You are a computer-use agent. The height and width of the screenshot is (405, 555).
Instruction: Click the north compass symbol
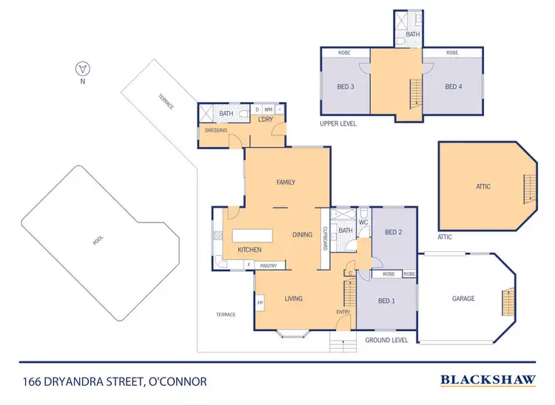(x=83, y=70)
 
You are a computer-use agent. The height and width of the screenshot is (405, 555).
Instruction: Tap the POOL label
(x=98, y=241)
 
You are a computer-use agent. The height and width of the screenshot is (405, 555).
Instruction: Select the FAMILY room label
(x=286, y=182)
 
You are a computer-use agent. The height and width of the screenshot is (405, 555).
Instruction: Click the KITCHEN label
(x=249, y=250)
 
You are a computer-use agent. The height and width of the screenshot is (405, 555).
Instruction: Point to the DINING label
(x=302, y=234)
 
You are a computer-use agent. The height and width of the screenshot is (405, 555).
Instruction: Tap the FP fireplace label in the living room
(x=260, y=303)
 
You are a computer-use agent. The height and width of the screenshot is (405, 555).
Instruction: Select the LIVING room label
(x=295, y=299)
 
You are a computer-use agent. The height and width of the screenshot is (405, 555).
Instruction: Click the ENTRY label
(x=343, y=312)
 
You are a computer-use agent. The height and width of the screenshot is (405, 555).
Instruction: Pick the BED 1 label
(x=386, y=301)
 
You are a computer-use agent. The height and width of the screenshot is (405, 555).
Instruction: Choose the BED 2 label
(x=393, y=232)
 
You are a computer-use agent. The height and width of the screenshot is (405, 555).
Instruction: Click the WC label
(x=363, y=222)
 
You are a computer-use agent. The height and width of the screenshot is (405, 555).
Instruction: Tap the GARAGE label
(x=463, y=299)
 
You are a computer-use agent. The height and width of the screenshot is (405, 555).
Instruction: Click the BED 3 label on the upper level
(x=346, y=86)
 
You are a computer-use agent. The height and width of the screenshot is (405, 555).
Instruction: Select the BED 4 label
(x=454, y=86)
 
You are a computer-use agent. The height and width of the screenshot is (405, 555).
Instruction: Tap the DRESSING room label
(x=215, y=130)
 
